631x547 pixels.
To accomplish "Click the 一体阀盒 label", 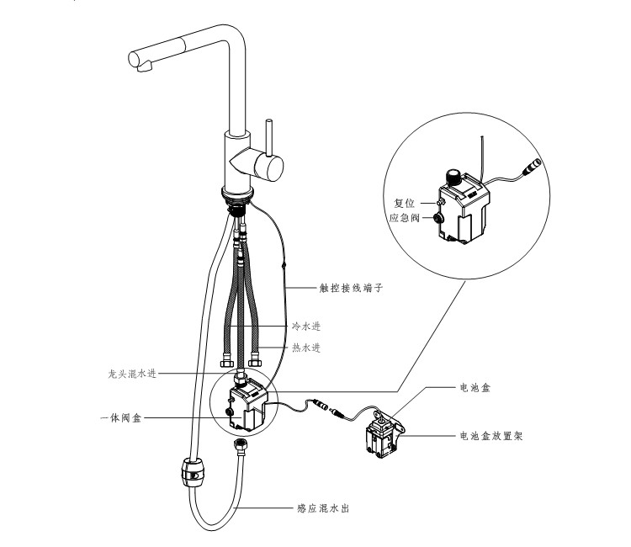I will coord(120,417).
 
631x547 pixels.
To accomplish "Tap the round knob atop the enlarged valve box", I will coord(454,177).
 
